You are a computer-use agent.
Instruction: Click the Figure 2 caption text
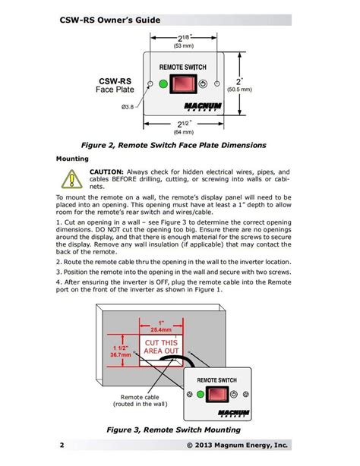point(179,144)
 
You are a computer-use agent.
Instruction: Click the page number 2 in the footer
point(62,444)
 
